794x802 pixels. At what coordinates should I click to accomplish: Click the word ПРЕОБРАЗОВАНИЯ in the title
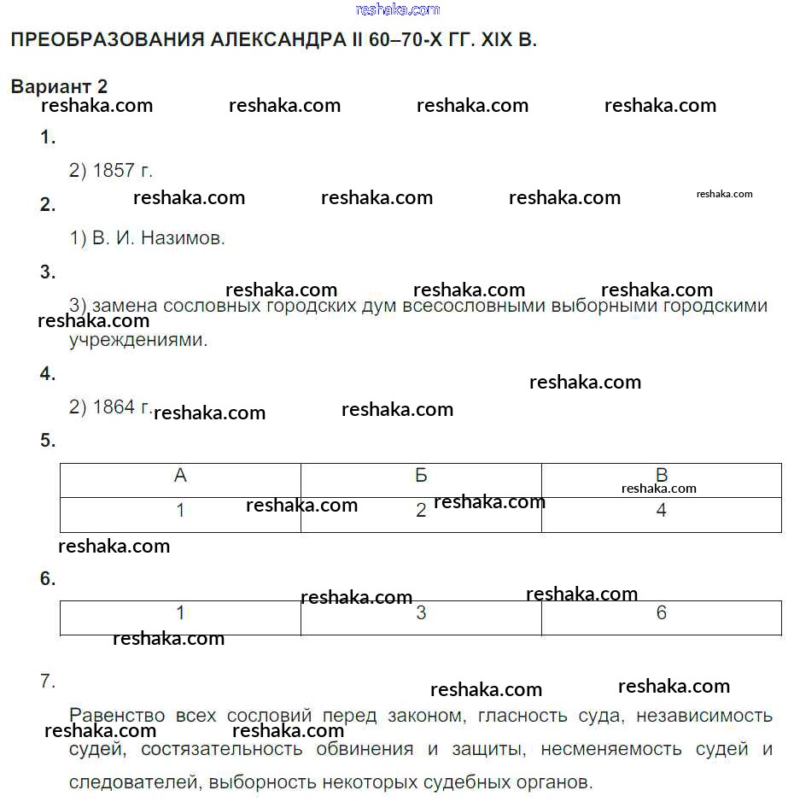click(x=104, y=39)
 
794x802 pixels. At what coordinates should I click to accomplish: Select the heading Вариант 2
click(x=59, y=86)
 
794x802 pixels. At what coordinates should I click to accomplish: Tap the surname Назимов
click(x=183, y=238)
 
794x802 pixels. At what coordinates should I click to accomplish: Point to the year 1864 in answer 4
click(x=114, y=407)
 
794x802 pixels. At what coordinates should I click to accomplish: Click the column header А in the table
click(x=180, y=476)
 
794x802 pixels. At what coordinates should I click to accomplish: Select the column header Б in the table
click(x=421, y=476)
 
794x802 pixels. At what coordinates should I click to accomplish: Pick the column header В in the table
click(x=661, y=475)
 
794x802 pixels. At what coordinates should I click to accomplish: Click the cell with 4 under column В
click(x=661, y=511)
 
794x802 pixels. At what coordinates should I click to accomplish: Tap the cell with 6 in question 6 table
click(x=661, y=613)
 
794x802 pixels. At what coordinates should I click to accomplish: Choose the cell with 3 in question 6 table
click(x=421, y=613)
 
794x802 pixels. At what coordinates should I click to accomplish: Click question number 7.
click(x=48, y=682)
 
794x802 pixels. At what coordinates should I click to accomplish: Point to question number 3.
click(x=48, y=272)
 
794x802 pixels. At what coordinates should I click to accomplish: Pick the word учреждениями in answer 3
click(x=138, y=340)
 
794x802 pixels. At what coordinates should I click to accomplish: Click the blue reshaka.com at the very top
click(x=397, y=9)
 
